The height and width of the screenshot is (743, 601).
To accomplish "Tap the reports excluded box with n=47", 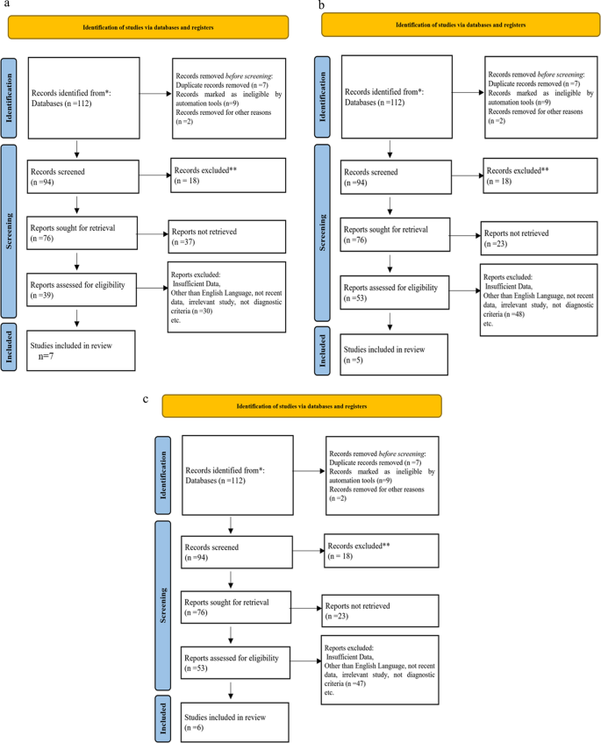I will (x=379, y=671).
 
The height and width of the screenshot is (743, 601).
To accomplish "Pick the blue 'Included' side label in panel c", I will (x=161, y=720).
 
